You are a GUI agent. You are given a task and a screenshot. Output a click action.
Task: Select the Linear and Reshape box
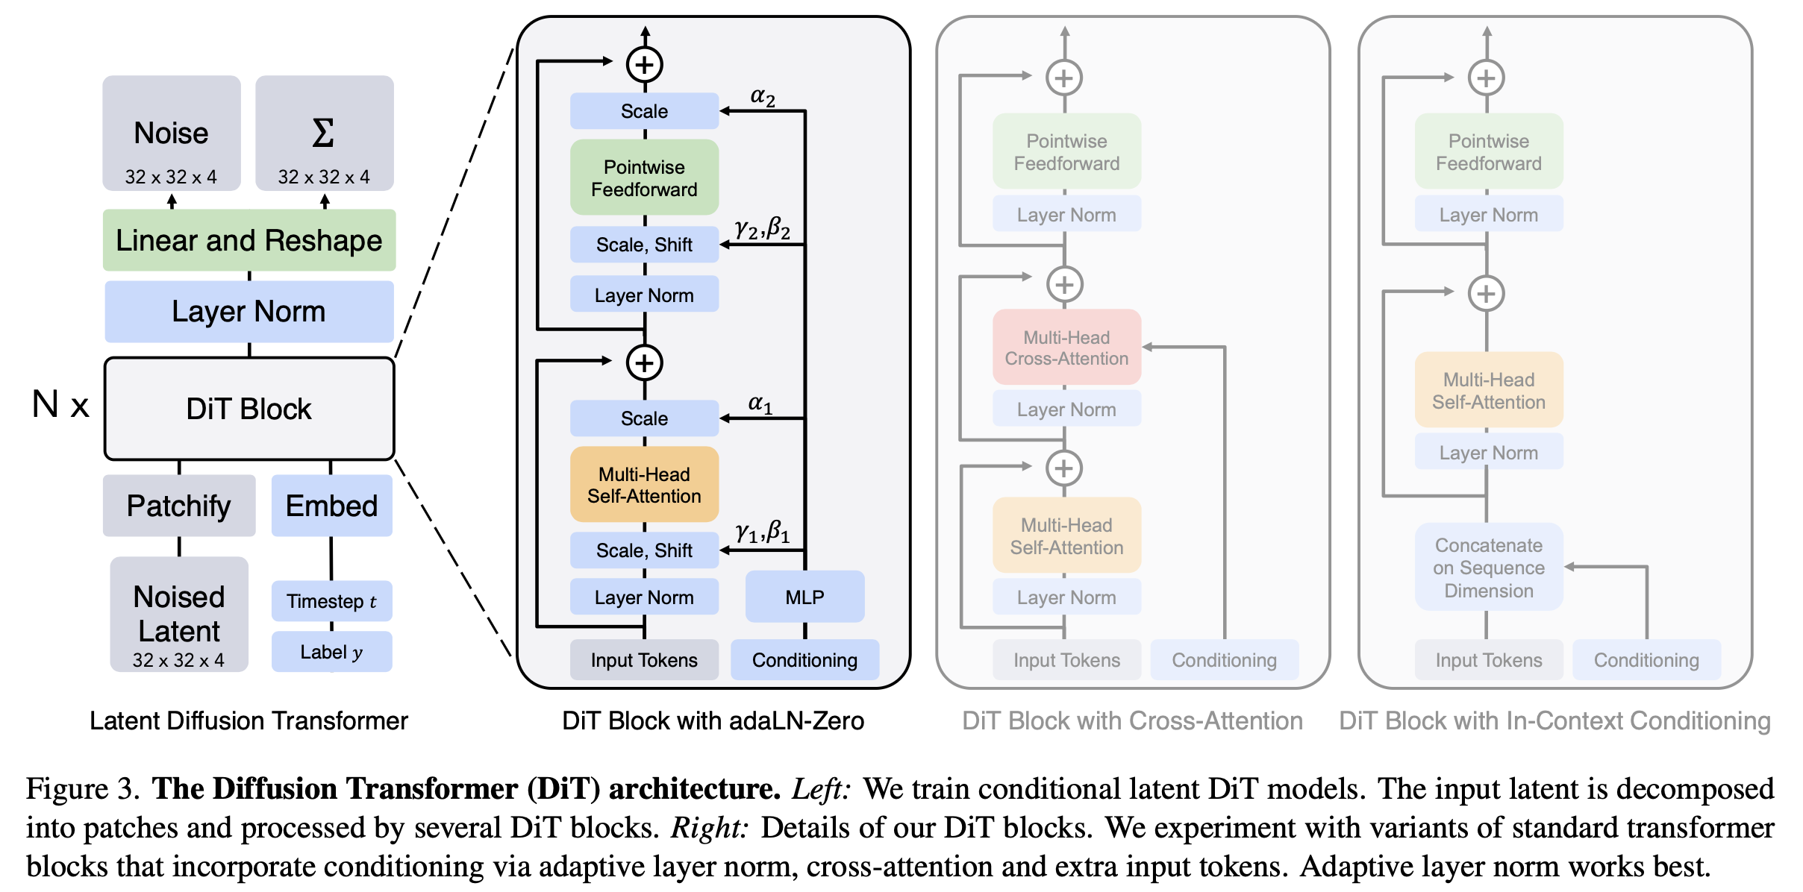tap(249, 240)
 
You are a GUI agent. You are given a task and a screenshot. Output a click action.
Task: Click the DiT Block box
tap(249, 409)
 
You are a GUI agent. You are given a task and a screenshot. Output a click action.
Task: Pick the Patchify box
tap(179, 506)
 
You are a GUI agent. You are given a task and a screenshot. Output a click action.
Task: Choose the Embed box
tap(331, 506)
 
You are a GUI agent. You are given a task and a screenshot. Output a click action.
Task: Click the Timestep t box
tap(331, 601)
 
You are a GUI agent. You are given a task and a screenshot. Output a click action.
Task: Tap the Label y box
tap(331, 652)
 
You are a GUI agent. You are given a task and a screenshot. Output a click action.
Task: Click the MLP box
tap(804, 597)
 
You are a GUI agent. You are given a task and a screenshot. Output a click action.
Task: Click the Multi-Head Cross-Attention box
tap(1066, 348)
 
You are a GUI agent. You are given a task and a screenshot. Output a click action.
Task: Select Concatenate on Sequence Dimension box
tap(1489, 568)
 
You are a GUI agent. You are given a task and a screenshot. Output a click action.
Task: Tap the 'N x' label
tap(60, 405)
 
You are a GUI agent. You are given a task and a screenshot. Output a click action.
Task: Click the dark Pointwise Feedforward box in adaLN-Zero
tap(644, 178)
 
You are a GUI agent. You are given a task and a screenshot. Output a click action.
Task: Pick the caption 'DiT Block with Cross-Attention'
tap(1132, 721)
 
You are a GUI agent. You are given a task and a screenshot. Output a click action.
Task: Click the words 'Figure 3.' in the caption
tap(82, 789)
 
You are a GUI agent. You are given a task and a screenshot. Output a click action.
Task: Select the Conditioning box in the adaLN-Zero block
tap(804, 660)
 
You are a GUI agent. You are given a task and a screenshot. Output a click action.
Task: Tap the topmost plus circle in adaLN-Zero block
tap(645, 64)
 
